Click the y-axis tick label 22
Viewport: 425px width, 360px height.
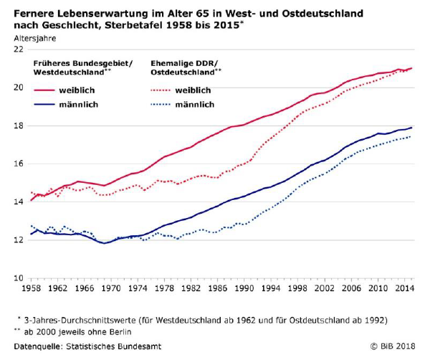[18, 49]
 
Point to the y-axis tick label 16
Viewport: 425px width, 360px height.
[18, 164]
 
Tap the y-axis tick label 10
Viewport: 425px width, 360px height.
[18, 278]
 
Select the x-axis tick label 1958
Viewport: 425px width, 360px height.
[31, 288]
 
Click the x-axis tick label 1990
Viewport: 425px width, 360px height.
[245, 288]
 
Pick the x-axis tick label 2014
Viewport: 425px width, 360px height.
[405, 288]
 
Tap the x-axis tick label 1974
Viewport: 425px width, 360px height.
[138, 288]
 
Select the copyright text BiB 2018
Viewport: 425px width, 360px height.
[393, 346]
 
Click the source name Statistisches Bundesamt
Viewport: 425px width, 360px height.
[121, 346]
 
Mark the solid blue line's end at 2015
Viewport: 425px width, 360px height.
[411, 127]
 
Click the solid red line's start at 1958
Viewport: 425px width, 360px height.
[31, 201]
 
